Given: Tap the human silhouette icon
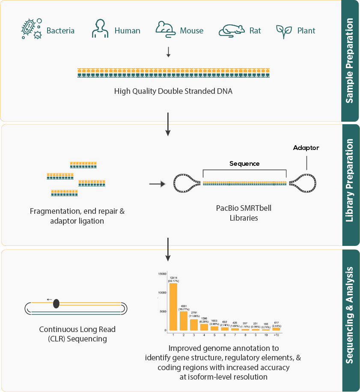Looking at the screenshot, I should (100, 29).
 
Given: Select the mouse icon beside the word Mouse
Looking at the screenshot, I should (165, 29).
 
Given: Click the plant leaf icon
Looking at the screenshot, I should (283, 30).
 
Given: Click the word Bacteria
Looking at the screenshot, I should (60, 31).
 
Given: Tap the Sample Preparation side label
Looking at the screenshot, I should (350, 60).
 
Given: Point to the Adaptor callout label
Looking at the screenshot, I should (306, 148).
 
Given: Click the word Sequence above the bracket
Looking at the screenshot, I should (244, 164).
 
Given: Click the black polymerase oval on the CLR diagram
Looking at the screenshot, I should (56, 304).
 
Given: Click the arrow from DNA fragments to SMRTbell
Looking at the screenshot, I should (157, 184).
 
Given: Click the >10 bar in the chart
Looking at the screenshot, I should (276, 329).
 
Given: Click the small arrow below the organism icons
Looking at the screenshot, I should (168, 52).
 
